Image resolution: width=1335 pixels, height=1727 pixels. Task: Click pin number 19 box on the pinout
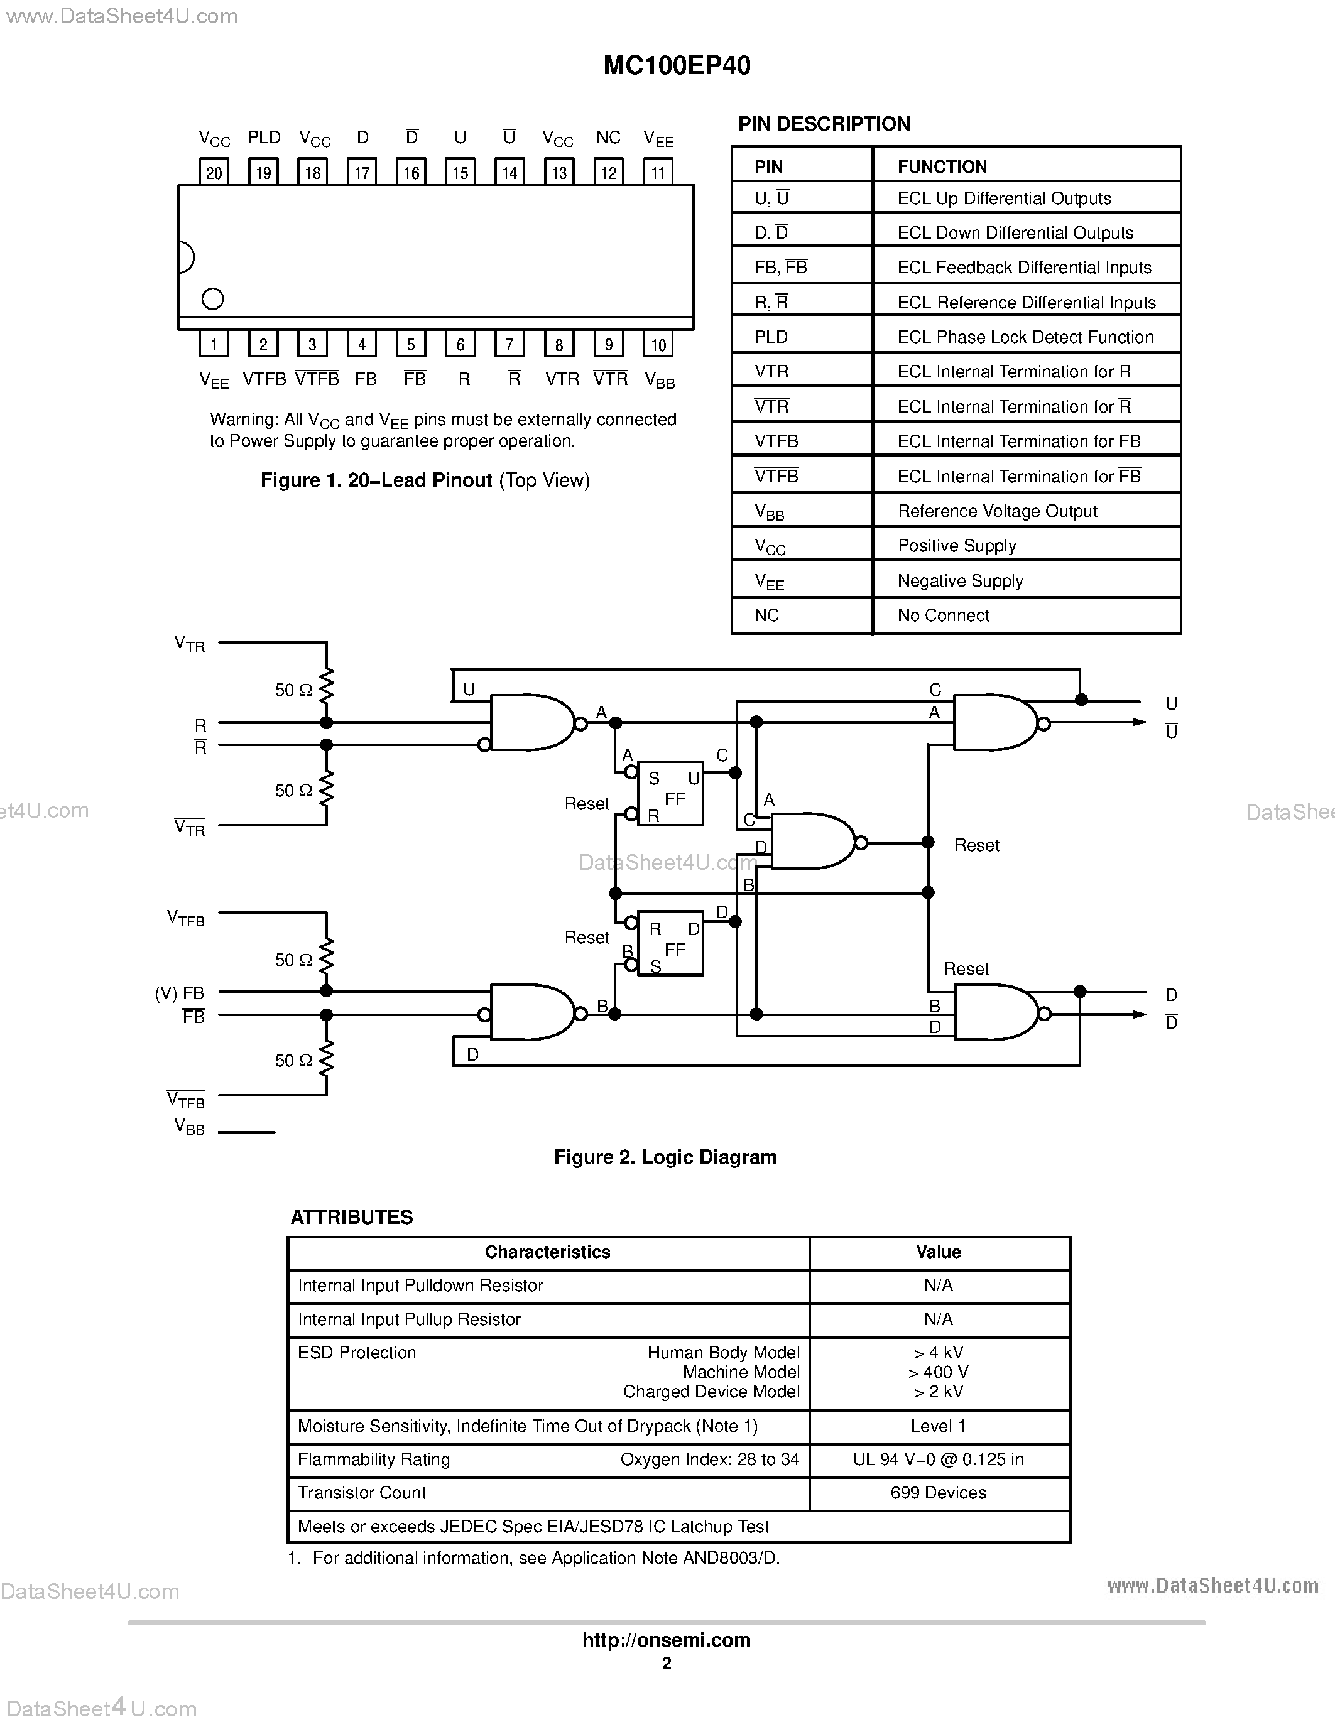tap(263, 172)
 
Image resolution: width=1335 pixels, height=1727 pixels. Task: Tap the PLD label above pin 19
tap(264, 138)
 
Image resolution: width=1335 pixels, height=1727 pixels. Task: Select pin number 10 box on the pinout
tap(658, 345)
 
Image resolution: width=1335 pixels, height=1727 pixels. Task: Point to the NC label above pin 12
tap(608, 138)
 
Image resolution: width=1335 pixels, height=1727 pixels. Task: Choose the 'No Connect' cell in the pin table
tap(943, 615)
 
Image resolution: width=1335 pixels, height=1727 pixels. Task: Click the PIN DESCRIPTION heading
tap(824, 124)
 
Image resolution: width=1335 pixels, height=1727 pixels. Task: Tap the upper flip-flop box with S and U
tap(671, 794)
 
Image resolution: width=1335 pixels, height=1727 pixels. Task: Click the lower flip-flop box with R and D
tap(671, 943)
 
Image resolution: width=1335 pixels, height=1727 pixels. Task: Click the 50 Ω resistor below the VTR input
tap(326, 689)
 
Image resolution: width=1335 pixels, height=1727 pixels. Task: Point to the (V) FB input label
tap(180, 993)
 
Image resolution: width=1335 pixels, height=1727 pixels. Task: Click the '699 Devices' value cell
tap(938, 1492)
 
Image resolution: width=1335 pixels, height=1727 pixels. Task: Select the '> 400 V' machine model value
tap(938, 1372)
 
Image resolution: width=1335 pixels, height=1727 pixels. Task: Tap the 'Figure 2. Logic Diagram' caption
tap(665, 1157)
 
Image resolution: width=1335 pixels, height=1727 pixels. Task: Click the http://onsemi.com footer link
tap(666, 1640)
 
